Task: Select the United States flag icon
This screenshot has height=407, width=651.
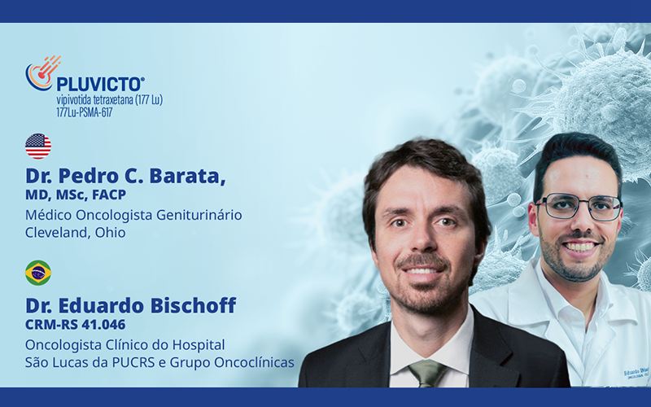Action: (x=38, y=146)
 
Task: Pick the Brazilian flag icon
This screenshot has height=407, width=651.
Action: (x=38, y=273)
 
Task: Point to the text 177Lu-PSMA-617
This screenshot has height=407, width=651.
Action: (x=85, y=112)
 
